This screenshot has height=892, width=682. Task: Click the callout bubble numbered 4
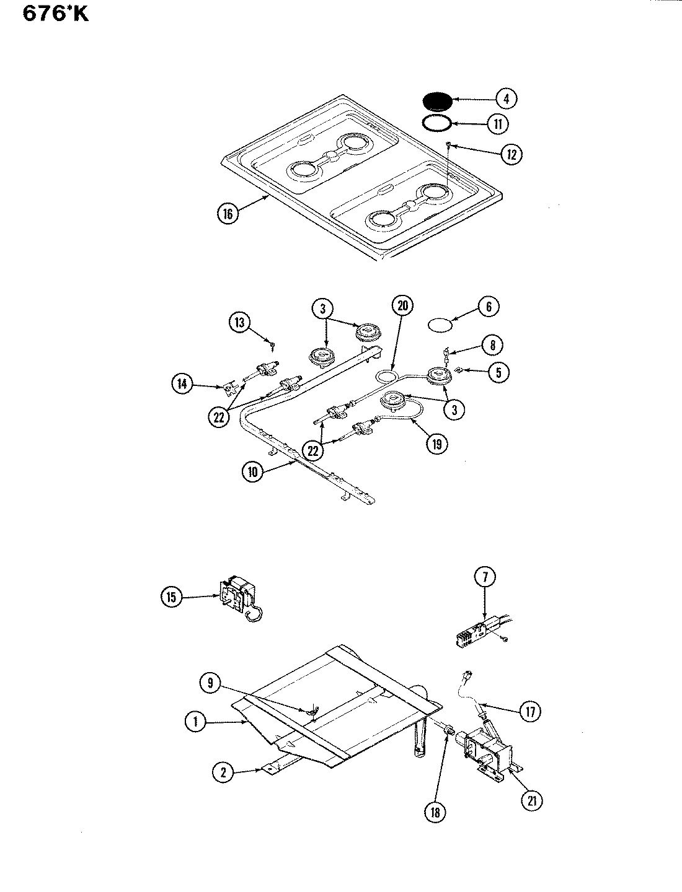point(506,98)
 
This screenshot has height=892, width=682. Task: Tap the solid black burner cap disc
point(438,101)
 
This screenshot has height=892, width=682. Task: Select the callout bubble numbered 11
point(498,124)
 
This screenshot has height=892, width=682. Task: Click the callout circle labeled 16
point(228,214)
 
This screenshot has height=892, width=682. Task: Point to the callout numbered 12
point(511,154)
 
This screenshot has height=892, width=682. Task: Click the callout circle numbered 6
point(489,307)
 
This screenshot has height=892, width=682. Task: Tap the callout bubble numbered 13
point(240,322)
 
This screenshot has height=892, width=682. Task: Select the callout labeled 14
point(182,384)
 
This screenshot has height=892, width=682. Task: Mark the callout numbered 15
point(172,598)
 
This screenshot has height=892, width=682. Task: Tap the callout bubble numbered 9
point(210,683)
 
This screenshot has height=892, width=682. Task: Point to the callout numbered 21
point(531,801)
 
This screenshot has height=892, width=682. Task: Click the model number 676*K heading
point(56,14)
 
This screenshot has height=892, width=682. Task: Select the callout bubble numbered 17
point(530,712)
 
